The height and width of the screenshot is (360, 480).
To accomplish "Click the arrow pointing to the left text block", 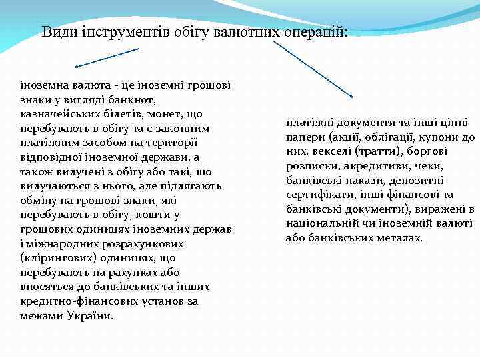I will click(107, 57).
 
